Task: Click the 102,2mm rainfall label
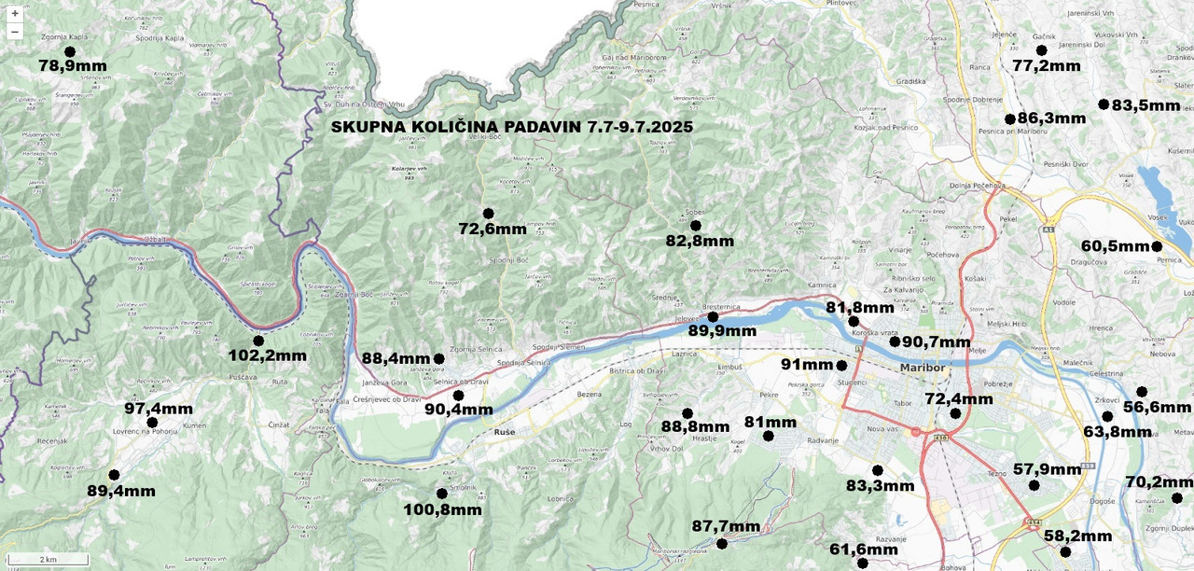tap(267, 355)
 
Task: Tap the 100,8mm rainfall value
tap(442, 509)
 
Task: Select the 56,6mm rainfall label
tap(1157, 408)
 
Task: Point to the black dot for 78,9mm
tap(70, 51)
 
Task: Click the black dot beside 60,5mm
tap(1157, 246)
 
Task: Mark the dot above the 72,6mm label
tap(488, 214)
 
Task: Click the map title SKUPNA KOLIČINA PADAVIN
tap(511, 127)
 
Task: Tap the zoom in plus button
tap(14, 13)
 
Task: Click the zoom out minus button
tap(14, 32)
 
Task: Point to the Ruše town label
tap(504, 433)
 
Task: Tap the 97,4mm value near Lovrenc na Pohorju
tap(159, 409)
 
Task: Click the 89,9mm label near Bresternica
tap(722, 331)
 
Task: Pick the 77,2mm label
tap(1046, 66)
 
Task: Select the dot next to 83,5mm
tap(1104, 104)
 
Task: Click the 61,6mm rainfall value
tap(863, 550)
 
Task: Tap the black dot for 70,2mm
tap(1177, 497)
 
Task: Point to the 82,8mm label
tap(700, 242)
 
